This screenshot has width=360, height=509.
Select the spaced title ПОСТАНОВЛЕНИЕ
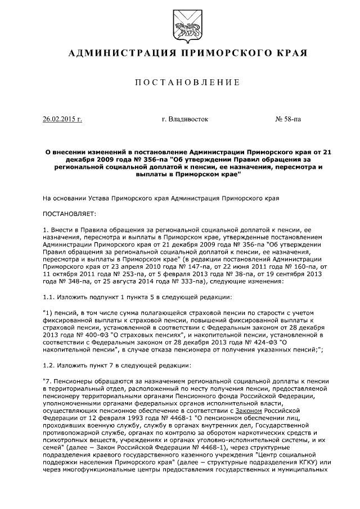click(180, 83)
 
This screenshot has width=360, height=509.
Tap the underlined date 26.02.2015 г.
click(62, 119)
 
